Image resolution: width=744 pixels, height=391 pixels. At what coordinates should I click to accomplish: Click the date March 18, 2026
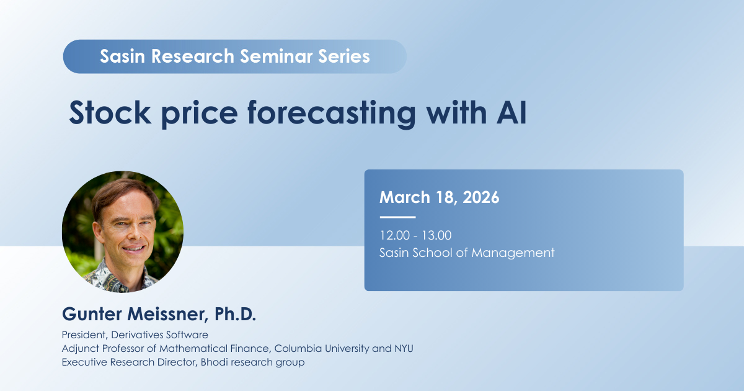[439, 198]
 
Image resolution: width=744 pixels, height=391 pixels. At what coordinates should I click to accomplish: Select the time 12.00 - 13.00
[415, 235]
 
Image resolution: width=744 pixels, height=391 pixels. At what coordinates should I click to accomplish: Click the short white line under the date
[397, 217]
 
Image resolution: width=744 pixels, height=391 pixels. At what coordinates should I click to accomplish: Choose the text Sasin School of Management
[467, 253]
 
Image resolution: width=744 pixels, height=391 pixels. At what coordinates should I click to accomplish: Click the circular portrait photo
[123, 232]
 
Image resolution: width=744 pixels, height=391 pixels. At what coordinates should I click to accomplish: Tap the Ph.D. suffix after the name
[235, 314]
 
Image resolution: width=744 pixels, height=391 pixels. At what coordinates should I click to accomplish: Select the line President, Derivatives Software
[135, 335]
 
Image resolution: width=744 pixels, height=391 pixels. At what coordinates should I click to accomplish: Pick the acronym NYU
[402, 348]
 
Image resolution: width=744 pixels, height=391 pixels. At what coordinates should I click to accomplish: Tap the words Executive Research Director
[128, 362]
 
